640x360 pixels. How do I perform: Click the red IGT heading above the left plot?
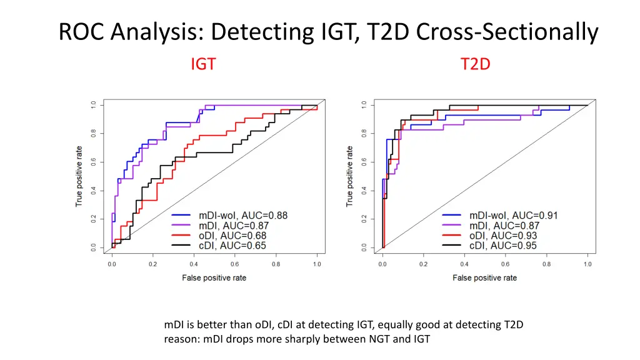pyautogui.click(x=203, y=64)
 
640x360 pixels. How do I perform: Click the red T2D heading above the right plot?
pyautogui.click(x=476, y=64)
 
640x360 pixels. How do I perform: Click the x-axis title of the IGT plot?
pyautogui.click(x=214, y=277)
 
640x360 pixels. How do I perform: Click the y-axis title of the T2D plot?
pyautogui.click(x=349, y=176)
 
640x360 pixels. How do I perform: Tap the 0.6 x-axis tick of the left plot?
pyautogui.click(x=235, y=264)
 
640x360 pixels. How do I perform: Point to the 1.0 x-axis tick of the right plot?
pyautogui.click(x=587, y=264)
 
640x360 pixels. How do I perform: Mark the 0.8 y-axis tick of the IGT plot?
pyautogui.click(x=92, y=132)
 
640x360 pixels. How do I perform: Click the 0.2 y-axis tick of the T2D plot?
pyautogui.click(x=363, y=219)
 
